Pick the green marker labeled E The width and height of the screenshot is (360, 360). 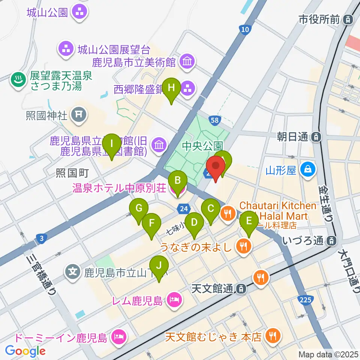(x=249, y=222)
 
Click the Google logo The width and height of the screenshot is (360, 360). (x=25, y=351)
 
